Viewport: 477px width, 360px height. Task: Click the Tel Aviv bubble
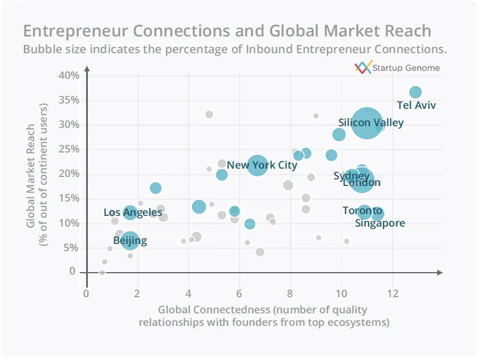[x=415, y=92]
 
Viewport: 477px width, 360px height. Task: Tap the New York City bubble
[x=257, y=164]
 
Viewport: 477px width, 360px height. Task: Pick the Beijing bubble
[x=130, y=240]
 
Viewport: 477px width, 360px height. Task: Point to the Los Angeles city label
[x=133, y=212]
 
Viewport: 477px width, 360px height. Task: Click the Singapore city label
[x=380, y=223]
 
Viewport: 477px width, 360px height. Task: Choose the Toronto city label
[x=362, y=210]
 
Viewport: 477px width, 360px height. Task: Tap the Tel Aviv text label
[x=417, y=106]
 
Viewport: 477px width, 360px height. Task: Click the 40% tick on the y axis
[x=69, y=75]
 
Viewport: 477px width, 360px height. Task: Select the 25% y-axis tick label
[x=69, y=149]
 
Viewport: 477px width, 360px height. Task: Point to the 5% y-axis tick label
[x=72, y=247]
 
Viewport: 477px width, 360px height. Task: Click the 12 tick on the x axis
[x=392, y=294]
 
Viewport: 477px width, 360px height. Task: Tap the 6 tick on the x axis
[x=239, y=294]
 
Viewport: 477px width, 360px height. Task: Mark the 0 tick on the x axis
[x=86, y=294]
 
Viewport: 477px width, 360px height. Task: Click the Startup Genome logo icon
[x=363, y=68]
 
